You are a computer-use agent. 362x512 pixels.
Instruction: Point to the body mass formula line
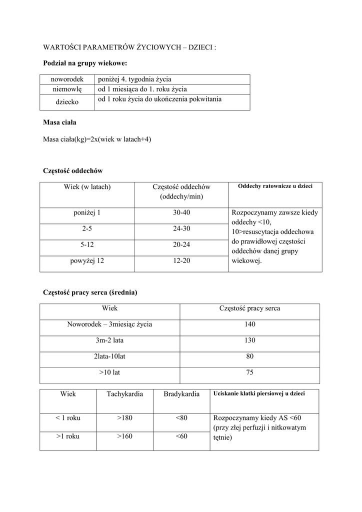(97, 139)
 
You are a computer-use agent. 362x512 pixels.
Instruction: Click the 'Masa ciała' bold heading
(59, 122)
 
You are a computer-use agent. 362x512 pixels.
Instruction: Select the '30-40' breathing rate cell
(181, 212)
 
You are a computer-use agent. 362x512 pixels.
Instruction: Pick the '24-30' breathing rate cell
(181, 228)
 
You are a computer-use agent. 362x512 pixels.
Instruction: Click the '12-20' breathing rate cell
(181, 261)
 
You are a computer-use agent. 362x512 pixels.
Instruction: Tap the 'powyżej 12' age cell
(87, 261)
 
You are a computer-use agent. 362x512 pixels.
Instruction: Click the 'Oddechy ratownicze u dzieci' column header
(275, 186)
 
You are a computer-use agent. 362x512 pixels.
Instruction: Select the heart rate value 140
(250, 324)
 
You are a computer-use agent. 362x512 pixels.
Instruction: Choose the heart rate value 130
(250, 340)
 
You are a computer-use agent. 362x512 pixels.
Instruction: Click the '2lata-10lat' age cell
(109, 357)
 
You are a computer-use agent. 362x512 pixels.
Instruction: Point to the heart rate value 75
(250, 373)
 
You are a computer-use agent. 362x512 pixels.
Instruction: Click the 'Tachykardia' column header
(124, 394)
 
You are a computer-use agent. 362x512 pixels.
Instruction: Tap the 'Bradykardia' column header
(181, 394)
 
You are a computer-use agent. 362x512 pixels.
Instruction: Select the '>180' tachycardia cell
(124, 418)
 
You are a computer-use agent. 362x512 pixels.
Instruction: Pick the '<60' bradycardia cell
(181, 436)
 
